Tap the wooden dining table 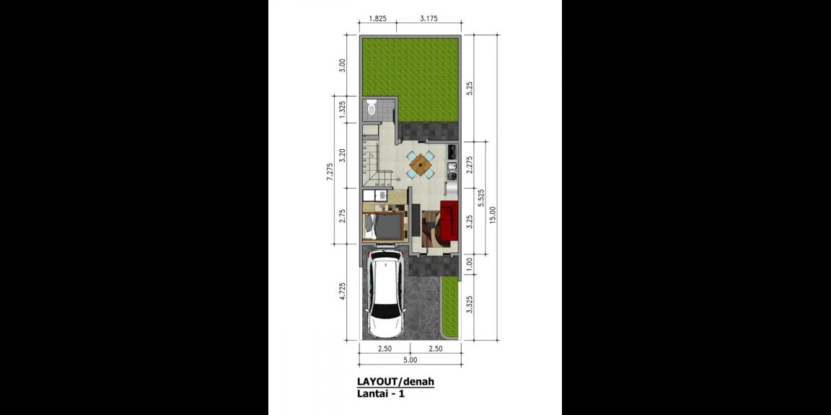pos(420,165)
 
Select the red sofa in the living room pos(449,220)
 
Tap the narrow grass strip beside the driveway pos(449,307)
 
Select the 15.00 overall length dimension pos(493,215)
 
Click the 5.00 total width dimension pos(410,360)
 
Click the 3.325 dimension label pos(470,305)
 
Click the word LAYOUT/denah pos(395,381)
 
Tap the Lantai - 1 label pos(381,393)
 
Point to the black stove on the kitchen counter pos(452,152)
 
